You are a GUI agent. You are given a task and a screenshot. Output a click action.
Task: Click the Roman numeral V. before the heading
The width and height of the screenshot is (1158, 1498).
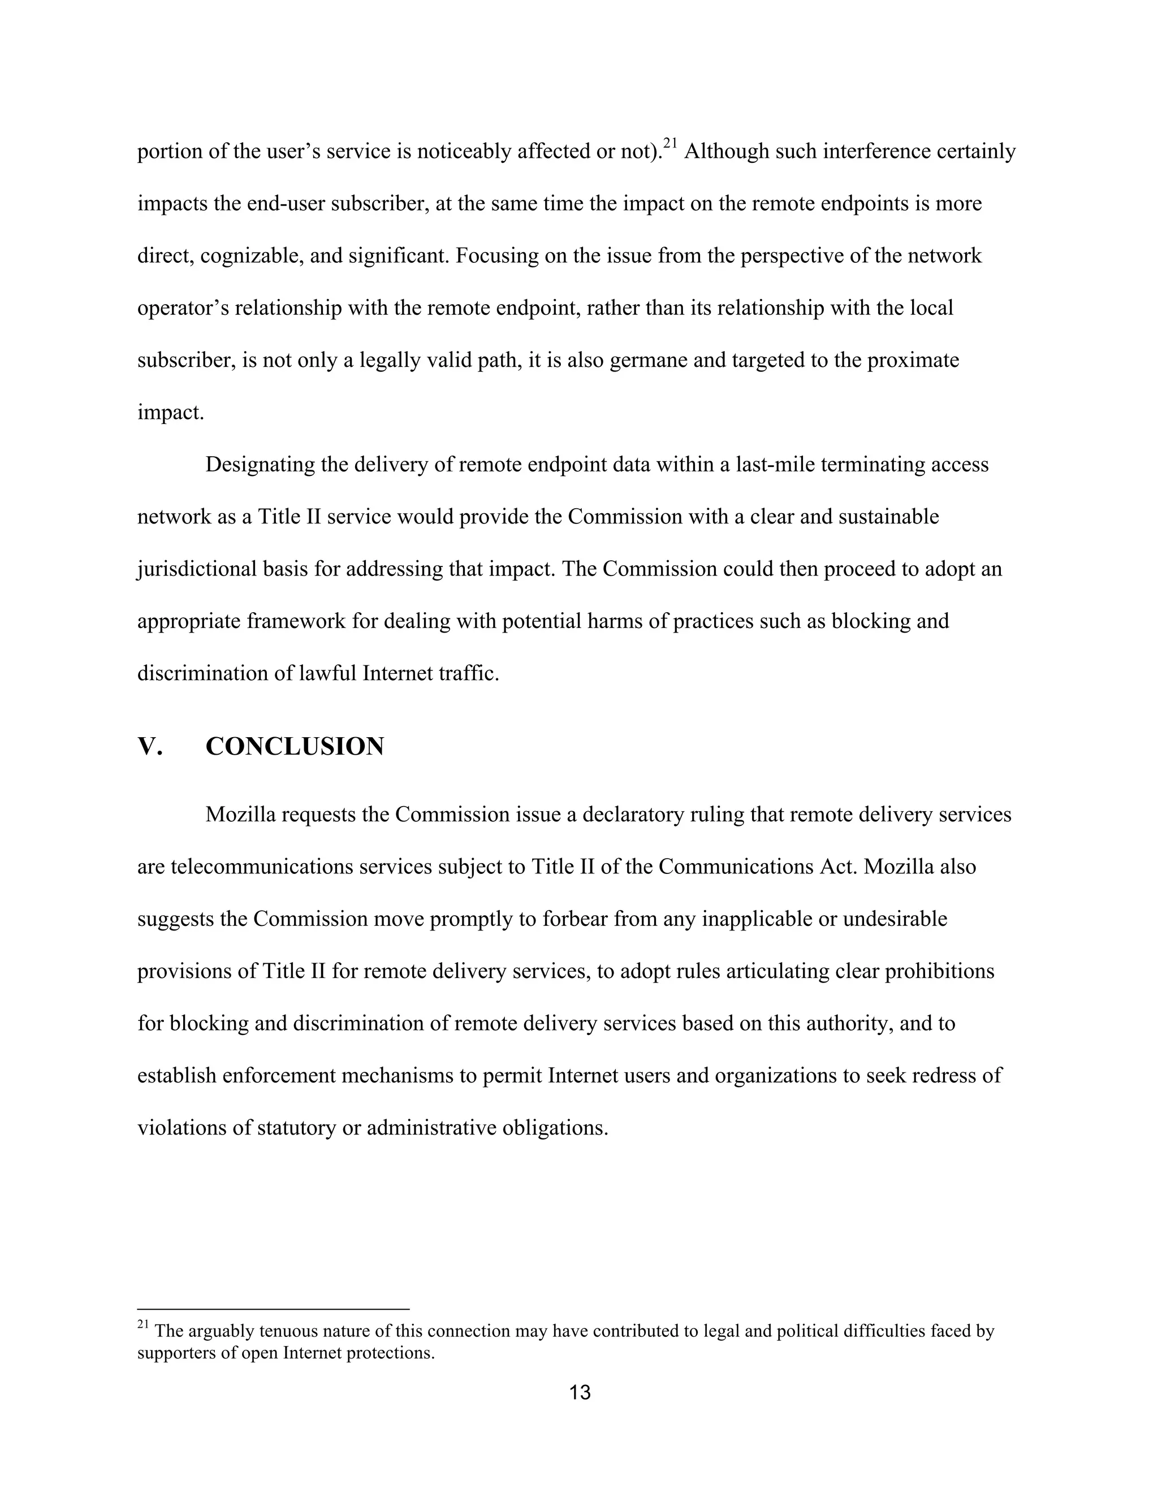tap(150, 746)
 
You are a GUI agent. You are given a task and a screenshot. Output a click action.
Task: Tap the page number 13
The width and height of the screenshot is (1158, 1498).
tap(580, 1392)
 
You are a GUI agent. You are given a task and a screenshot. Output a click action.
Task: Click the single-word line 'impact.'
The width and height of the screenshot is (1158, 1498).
tap(171, 413)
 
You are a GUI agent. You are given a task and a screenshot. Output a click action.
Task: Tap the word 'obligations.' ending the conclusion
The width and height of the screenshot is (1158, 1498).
tap(556, 1128)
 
